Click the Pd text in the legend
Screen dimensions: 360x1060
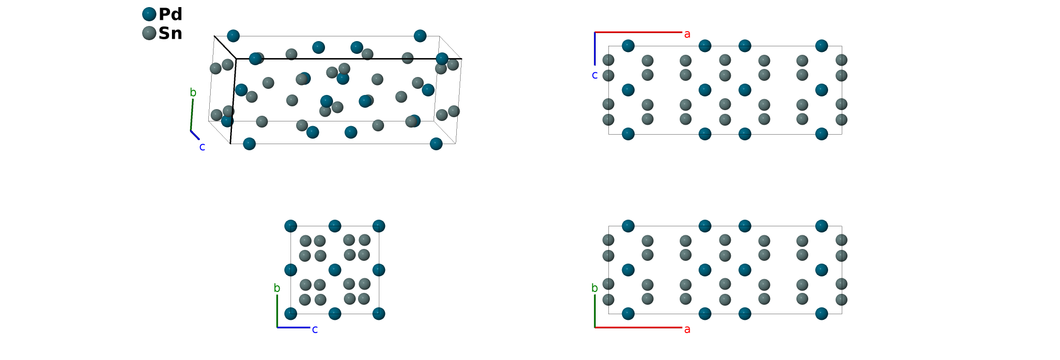[170, 14]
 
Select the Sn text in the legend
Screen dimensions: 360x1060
[170, 33]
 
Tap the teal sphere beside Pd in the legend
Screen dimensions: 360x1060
[149, 14]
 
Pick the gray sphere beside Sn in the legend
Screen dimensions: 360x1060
[149, 33]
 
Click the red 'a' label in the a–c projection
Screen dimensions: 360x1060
[687, 34]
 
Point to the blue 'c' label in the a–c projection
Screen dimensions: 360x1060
[595, 75]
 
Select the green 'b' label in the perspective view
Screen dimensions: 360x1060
[193, 93]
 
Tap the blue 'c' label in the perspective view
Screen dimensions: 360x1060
[202, 147]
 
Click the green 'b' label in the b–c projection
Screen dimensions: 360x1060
[277, 288]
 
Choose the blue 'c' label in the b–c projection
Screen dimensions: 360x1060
[315, 329]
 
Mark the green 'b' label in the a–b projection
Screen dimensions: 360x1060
[595, 288]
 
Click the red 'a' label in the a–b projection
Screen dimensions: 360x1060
[687, 329]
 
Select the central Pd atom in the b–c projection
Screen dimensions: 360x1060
[335, 270]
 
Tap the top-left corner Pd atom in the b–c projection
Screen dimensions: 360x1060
[291, 226]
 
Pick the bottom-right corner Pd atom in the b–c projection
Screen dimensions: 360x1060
[379, 314]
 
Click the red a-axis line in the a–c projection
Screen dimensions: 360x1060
[638, 32]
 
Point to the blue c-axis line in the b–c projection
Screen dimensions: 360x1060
[293, 327]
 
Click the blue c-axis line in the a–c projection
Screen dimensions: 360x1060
[595, 47]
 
